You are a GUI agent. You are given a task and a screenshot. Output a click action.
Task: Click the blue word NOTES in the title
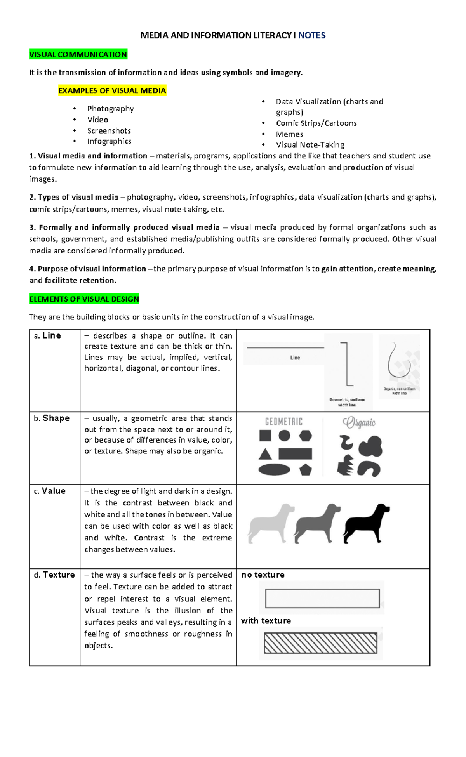(x=311, y=35)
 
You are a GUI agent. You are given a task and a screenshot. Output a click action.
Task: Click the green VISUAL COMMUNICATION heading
(x=78, y=54)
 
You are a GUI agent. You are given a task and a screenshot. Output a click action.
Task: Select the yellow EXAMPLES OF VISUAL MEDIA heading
(x=112, y=91)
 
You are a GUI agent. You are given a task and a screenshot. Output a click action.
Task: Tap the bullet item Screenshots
(x=109, y=131)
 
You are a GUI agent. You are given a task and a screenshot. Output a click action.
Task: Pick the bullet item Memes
(x=289, y=134)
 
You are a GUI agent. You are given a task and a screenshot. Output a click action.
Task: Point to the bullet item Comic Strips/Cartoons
(x=316, y=123)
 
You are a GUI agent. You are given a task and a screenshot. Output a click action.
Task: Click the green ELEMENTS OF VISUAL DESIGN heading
(x=84, y=299)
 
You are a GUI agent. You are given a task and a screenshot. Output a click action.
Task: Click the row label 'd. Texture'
(x=54, y=575)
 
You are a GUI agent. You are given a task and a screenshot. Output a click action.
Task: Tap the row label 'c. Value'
(x=50, y=491)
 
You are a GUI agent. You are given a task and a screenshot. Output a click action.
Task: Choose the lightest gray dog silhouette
(x=271, y=523)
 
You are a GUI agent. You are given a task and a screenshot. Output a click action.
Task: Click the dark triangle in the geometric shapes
(x=265, y=454)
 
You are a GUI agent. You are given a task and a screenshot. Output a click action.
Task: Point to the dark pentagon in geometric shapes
(x=306, y=470)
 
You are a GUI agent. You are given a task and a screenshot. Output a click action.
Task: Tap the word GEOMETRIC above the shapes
(x=283, y=422)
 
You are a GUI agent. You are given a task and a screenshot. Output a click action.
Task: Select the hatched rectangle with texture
(x=320, y=643)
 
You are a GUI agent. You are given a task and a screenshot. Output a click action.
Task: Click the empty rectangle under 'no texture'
(x=322, y=598)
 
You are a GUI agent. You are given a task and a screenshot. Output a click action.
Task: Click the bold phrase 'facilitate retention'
(x=80, y=281)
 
